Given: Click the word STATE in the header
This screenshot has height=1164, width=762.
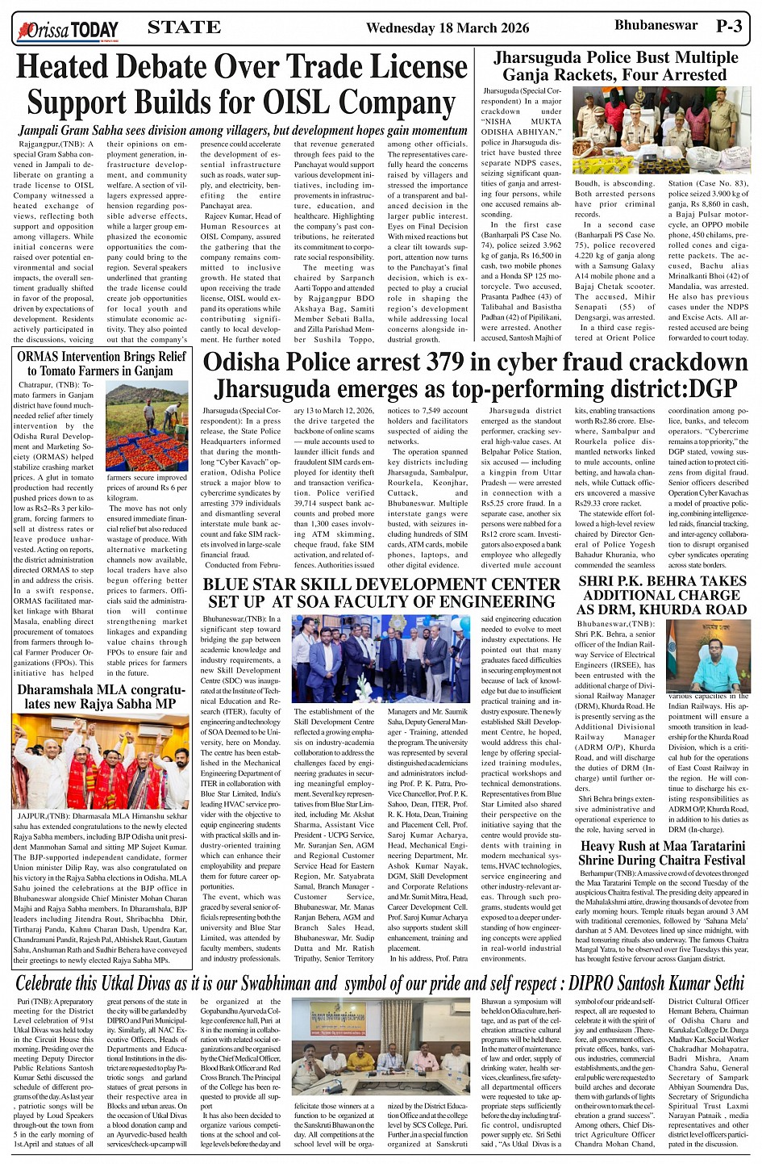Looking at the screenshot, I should (185, 27).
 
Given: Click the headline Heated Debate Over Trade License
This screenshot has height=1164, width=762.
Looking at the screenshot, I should (243, 67).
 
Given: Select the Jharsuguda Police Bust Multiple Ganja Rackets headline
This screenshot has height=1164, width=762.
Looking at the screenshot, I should (615, 66).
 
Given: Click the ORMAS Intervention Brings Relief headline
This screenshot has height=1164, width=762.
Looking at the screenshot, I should (102, 363).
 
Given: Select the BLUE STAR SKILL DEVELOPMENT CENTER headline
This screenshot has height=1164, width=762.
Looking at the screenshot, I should (381, 592).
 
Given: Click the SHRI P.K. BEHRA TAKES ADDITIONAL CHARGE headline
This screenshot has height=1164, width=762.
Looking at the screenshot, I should (662, 595).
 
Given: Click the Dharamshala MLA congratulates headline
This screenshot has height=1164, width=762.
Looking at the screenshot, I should (102, 697).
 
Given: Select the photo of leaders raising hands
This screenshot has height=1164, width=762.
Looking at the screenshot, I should (101, 763).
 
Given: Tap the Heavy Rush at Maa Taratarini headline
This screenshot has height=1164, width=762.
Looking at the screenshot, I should (662, 852).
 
